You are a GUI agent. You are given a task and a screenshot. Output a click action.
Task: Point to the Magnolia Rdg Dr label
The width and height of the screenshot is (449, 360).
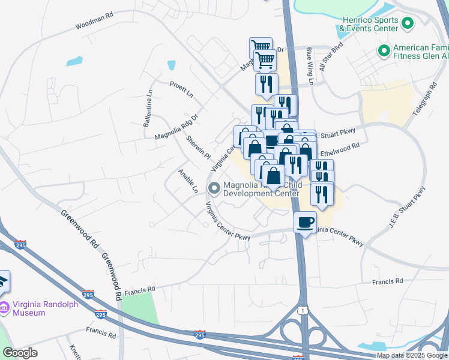176,127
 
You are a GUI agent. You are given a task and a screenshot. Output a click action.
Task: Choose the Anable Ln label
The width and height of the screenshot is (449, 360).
188,181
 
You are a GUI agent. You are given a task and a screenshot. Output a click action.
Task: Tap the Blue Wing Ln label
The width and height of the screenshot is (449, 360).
310,67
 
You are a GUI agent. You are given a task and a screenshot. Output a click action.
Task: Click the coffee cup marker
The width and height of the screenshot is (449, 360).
306,221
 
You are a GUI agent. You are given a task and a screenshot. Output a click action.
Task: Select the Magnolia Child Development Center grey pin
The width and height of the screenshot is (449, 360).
214,189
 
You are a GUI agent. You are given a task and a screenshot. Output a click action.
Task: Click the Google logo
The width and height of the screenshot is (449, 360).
20,353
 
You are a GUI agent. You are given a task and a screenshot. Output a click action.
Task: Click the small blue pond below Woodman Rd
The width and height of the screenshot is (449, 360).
74,61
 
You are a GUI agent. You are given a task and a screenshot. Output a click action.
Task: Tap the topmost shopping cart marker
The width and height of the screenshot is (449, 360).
260,46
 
